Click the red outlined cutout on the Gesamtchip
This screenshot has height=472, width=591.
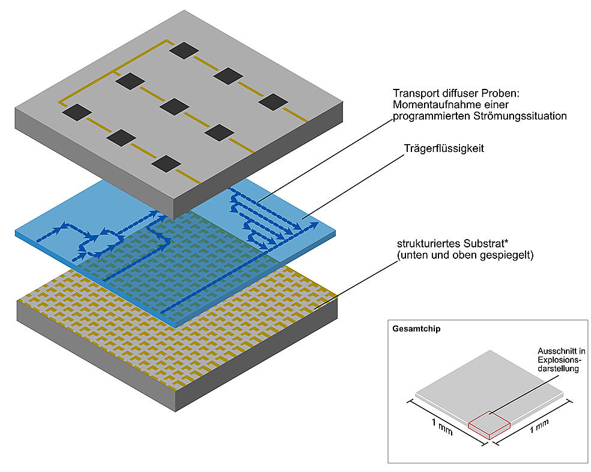click(x=489, y=423)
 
